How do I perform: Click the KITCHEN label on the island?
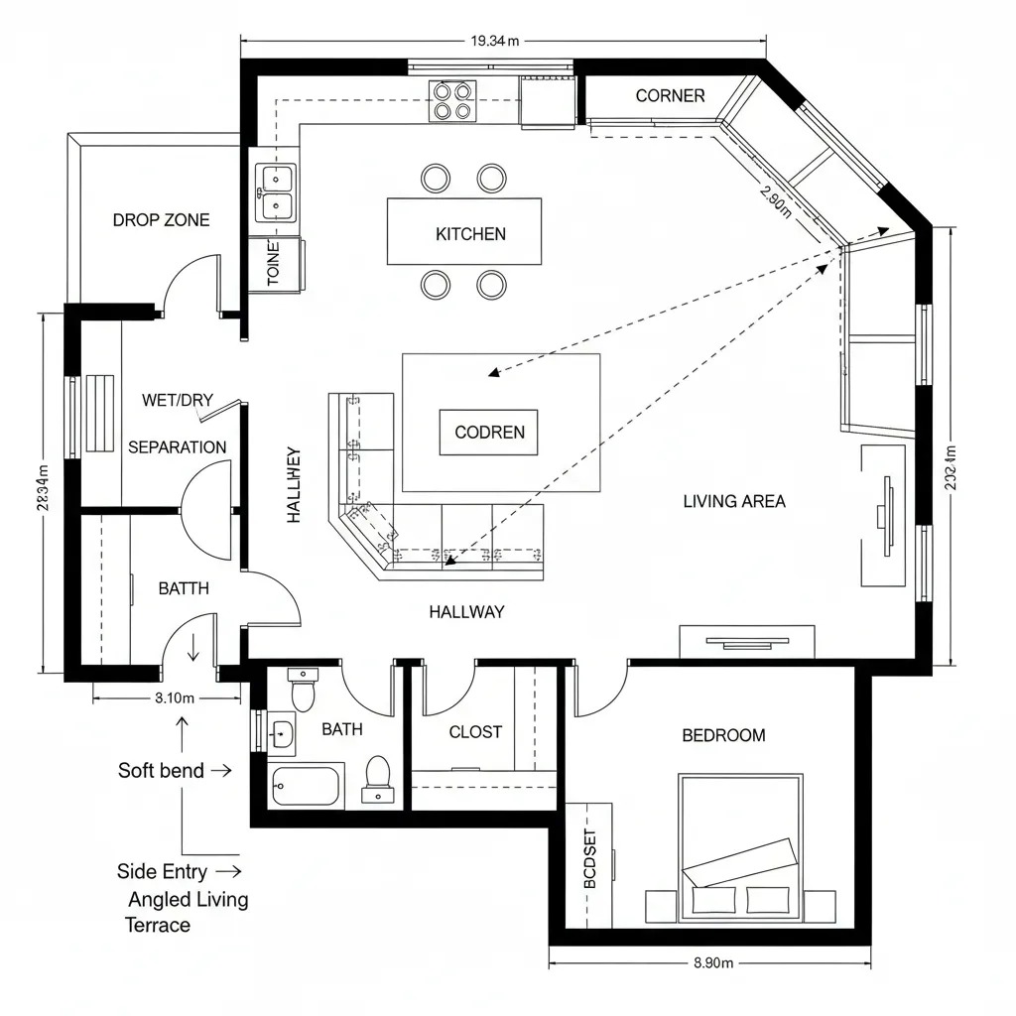coord(470,234)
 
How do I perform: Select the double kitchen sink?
coord(275,192)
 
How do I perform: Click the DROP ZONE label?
coord(161,220)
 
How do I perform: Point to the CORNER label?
coord(670,96)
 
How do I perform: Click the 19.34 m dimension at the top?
coord(495,42)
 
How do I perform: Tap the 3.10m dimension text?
coord(175,698)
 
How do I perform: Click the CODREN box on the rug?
coord(488,433)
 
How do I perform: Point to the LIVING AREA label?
coord(734,501)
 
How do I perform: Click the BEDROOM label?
coord(723,735)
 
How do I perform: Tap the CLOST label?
coord(475,732)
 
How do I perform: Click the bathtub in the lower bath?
coord(306,787)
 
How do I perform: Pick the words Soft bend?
coord(161,771)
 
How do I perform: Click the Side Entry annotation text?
coord(162,872)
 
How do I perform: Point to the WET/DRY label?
coord(178,401)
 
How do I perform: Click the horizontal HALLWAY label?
coord(466,612)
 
